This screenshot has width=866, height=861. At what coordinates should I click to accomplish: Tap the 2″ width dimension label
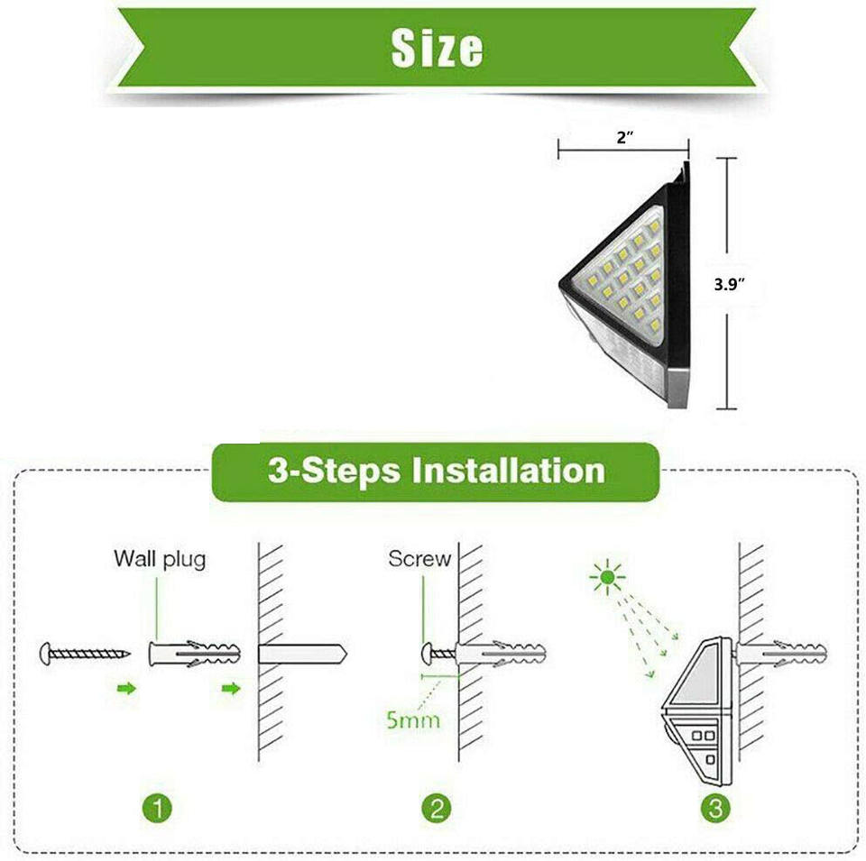(625, 136)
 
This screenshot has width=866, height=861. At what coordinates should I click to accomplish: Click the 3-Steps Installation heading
(436, 471)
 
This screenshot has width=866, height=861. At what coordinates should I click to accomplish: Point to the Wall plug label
(160, 559)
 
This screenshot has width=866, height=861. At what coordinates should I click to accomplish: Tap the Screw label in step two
(419, 559)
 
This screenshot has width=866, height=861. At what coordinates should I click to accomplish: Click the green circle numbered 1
(159, 808)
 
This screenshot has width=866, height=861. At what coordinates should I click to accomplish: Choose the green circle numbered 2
(438, 808)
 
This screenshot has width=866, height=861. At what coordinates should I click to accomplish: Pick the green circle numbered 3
(715, 808)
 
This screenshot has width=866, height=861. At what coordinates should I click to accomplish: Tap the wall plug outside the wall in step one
(194, 653)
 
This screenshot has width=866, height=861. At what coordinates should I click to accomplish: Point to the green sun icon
(607, 576)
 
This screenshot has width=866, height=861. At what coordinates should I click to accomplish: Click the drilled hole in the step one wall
(302, 653)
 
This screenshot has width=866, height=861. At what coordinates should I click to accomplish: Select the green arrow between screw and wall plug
(127, 689)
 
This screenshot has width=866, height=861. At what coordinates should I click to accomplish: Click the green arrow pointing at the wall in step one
(233, 689)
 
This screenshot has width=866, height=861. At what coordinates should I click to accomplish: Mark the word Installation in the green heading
(506, 471)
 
